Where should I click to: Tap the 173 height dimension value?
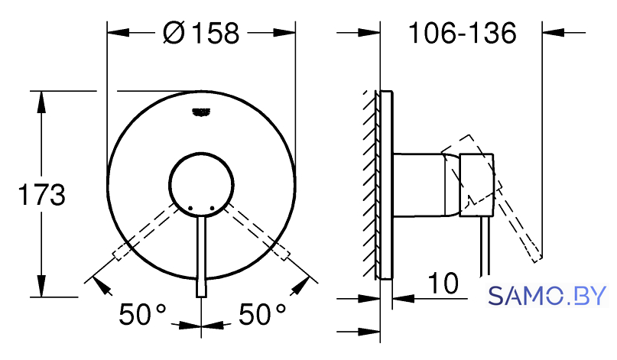coord(42,195)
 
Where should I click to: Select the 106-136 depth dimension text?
coord(463,33)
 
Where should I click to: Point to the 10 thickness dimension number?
coord(443,283)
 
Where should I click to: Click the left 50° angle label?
coord(142,314)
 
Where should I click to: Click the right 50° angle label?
coord(262,314)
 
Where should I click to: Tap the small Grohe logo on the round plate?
coord(201,112)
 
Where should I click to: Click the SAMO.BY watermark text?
coord(547,296)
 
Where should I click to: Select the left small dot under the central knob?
coord(190,208)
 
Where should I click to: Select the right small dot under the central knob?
coord(212,208)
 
